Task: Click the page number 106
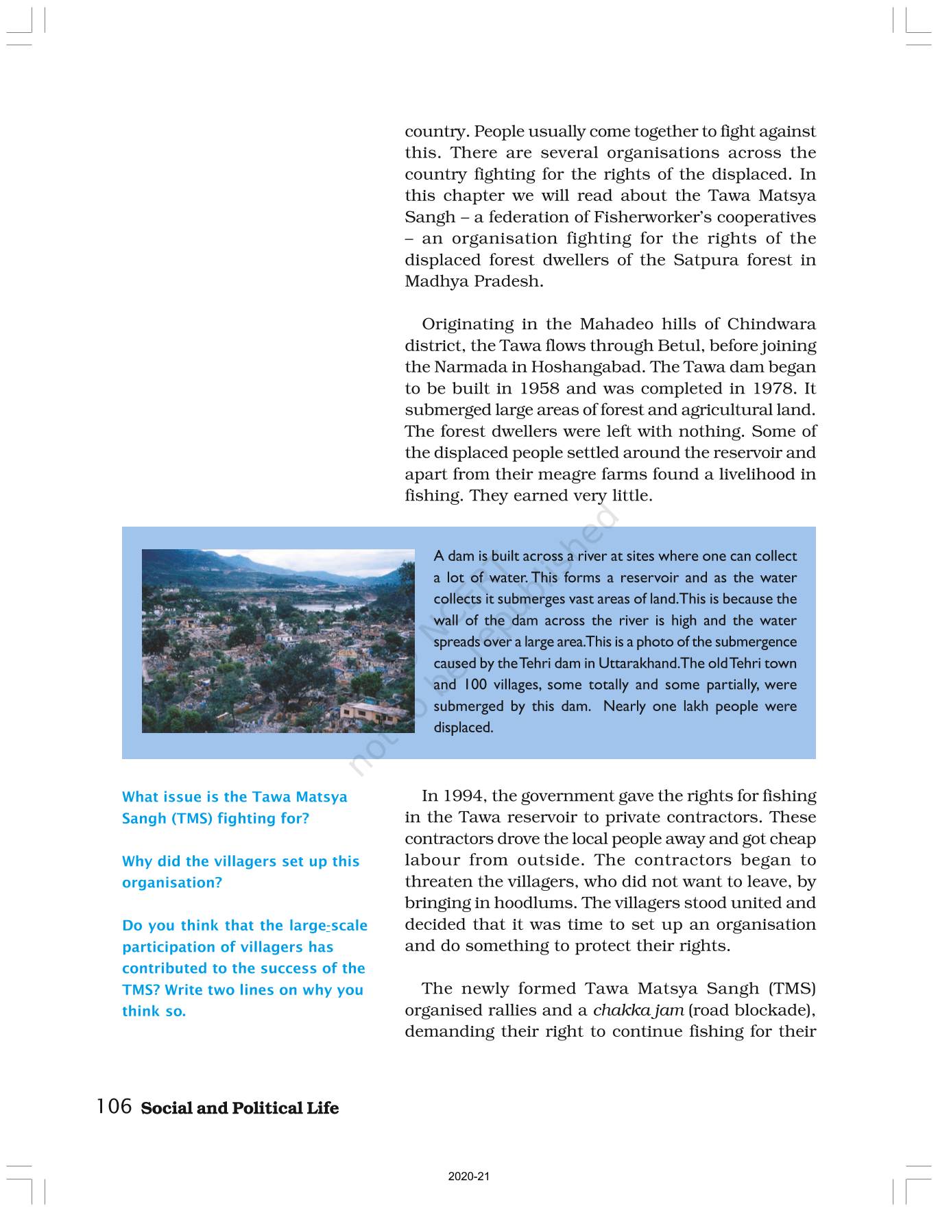114,1107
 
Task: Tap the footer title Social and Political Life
239,1108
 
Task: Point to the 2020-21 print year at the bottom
469,1177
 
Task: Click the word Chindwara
771,324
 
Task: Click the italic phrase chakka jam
638,1010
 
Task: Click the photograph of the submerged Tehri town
278,641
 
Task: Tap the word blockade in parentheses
771,1010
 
